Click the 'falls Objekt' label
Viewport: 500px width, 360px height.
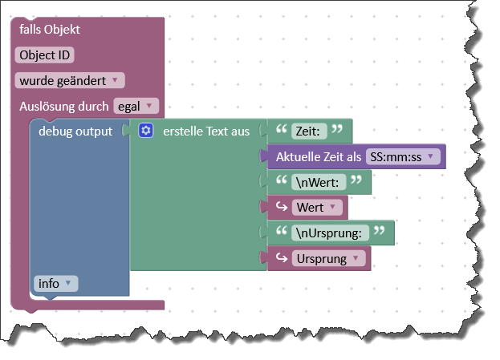[x=50, y=30]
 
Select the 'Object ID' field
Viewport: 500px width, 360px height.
[x=44, y=55]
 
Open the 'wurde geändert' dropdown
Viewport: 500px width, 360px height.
[x=70, y=80]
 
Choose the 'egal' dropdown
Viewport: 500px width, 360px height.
[x=136, y=106]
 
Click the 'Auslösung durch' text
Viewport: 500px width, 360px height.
[x=64, y=106]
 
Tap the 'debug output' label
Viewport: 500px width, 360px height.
[x=75, y=131]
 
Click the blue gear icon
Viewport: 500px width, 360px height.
[x=145, y=131]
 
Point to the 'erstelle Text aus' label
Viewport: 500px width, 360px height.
[x=205, y=131]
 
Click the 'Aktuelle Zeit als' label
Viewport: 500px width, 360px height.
[x=319, y=156]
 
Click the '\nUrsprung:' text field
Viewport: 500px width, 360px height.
[x=331, y=233]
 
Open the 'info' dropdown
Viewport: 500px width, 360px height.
[x=56, y=283]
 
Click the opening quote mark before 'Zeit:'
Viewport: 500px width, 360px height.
[x=283, y=129]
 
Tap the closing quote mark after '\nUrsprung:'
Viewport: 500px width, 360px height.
[x=380, y=231]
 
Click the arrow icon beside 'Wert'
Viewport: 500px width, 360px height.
[x=282, y=208]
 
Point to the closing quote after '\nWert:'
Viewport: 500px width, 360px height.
[x=357, y=180]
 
